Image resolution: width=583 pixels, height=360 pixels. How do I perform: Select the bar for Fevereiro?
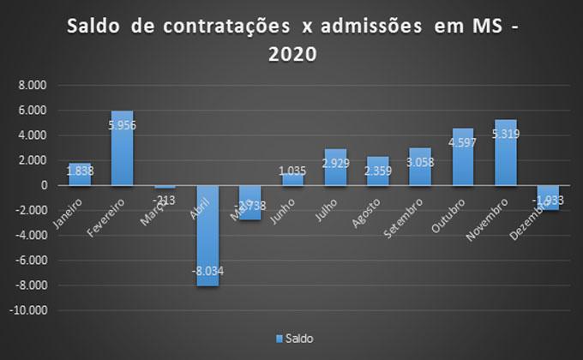(x=123, y=147)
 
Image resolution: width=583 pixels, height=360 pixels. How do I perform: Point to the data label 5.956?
(x=123, y=125)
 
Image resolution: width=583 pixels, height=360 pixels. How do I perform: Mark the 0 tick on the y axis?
(x=43, y=185)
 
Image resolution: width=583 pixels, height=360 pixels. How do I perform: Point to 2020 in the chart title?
(x=292, y=55)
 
